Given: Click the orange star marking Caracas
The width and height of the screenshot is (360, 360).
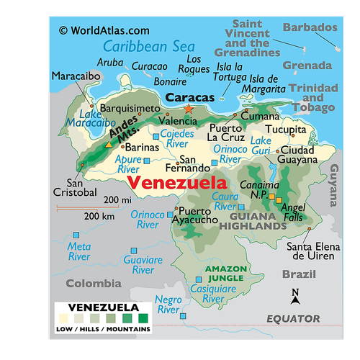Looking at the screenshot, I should click(189, 109).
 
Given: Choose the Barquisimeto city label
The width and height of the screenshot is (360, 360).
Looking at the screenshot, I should click(130, 108).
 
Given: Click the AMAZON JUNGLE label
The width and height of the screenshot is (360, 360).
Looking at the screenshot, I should click(226, 274).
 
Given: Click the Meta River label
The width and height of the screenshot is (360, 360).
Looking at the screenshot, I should click(79, 251).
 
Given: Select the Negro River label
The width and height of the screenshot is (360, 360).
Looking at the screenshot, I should click(168, 304).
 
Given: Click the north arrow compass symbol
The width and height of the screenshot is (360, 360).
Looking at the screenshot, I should click(295, 296).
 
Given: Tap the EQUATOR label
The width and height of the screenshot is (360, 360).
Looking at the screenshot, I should click(293, 318).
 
